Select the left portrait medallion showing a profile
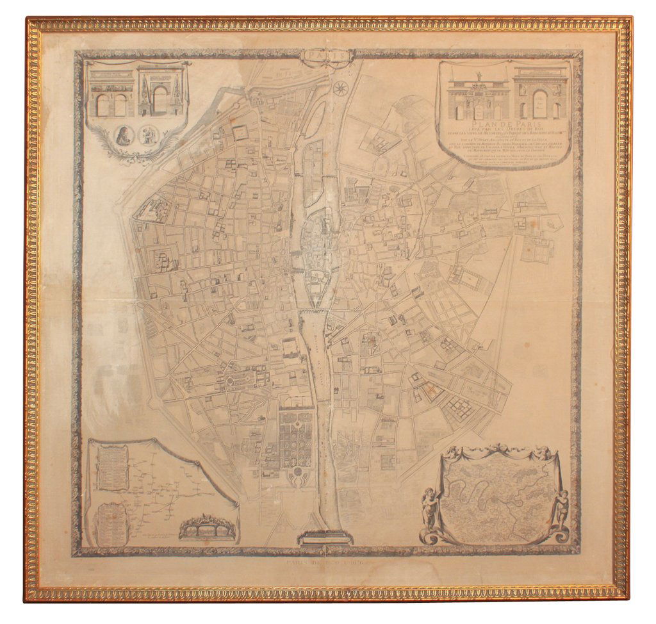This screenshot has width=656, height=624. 124,135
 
